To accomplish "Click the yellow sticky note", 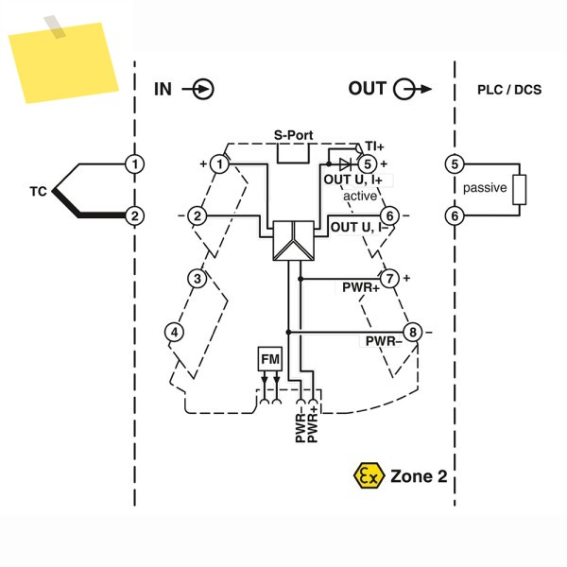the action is tap(63, 63).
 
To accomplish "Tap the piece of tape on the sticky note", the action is tap(55, 26).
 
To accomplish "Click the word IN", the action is tap(163, 89).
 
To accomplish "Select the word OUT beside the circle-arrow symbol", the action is tap(368, 88).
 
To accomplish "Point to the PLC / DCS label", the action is tap(509, 90).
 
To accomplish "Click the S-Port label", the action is tap(293, 135).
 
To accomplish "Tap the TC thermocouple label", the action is tap(39, 191).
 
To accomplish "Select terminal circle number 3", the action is tap(198, 279).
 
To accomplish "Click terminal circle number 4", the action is tap(174, 332).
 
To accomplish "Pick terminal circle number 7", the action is tap(389, 279).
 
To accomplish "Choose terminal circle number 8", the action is tap(413, 332).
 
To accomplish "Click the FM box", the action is tap(270, 359).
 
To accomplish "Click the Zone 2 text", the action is tap(419, 476).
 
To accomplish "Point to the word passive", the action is tap(485, 188).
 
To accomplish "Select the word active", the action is tap(360, 196).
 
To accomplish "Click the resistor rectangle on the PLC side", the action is tap(519, 190).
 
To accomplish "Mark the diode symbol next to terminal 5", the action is tap(345, 164).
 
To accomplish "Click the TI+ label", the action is tap(374, 146).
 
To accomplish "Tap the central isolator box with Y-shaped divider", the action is tap(293, 240).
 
